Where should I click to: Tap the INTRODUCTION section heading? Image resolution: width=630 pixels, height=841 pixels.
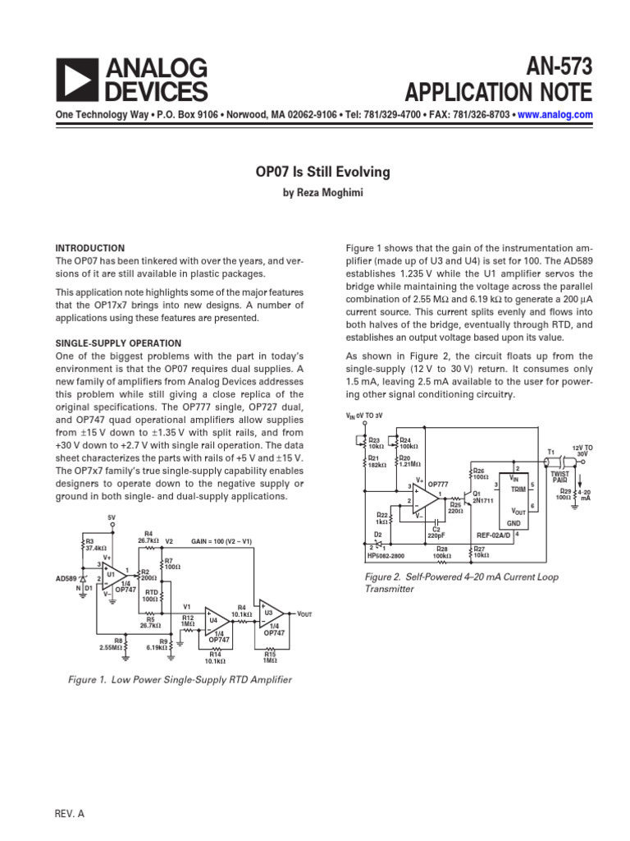tap(89, 248)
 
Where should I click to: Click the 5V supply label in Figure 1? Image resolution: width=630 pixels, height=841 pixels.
tap(112, 517)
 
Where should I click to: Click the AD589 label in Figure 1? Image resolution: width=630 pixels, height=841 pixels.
tap(67, 578)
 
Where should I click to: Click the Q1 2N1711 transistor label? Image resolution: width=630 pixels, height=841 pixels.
tap(482, 497)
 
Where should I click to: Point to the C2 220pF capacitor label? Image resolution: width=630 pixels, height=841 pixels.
tap(436, 533)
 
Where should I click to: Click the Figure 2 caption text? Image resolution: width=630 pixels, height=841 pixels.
tap(461, 582)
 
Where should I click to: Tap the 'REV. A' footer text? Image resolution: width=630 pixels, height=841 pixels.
tap(69, 812)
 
